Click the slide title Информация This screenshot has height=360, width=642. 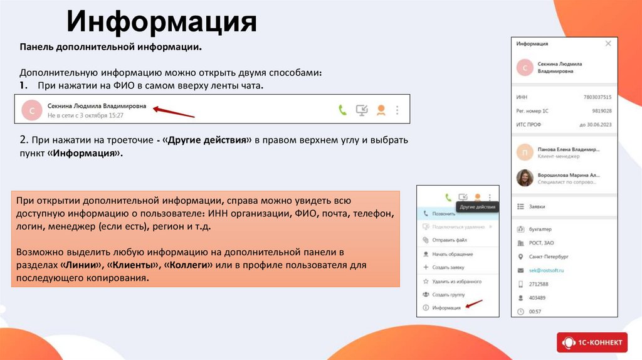pos(162,21)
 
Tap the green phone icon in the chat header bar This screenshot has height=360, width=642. pos(342,110)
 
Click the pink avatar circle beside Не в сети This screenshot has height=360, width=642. pos(31,110)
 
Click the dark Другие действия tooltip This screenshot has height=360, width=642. pos(477,207)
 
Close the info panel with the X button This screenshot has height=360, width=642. pos(608,44)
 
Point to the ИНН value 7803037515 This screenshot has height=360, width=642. pos(597,97)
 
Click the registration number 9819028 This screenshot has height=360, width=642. pos(601,111)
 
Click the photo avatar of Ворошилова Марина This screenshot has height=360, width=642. pos(524,178)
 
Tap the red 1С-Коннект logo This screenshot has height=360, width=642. pos(591,342)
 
